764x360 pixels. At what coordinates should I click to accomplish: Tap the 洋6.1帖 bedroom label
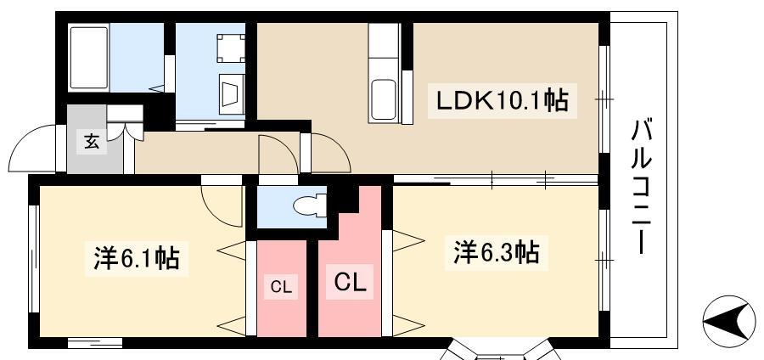[136, 256]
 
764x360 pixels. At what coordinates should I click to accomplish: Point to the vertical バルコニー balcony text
[643, 187]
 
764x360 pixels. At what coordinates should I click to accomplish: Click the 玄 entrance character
[91, 142]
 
